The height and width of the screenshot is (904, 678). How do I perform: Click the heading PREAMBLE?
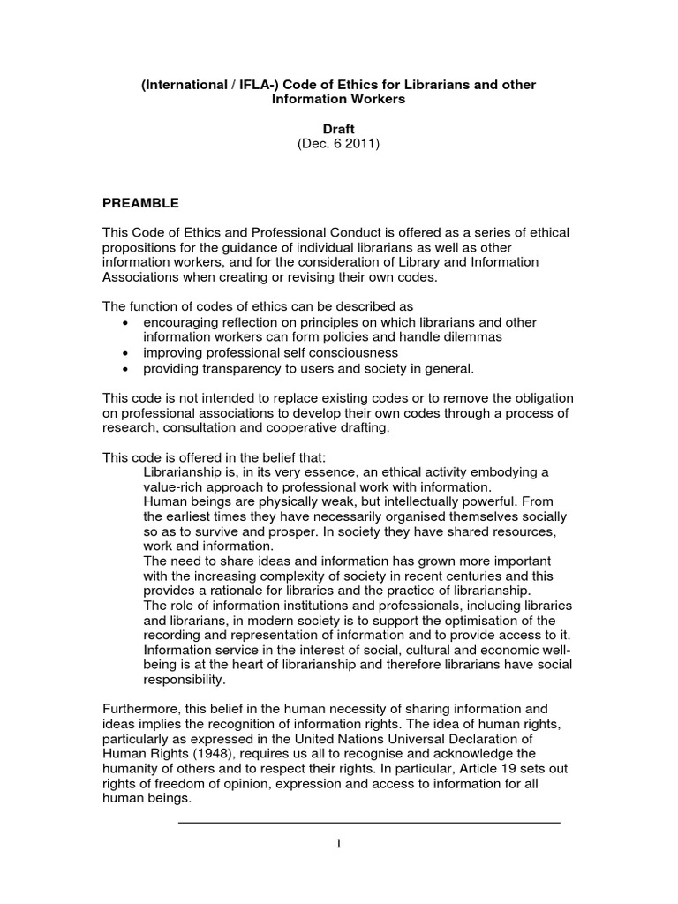tap(141, 203)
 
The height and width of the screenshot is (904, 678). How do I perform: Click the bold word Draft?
tap(338, 129)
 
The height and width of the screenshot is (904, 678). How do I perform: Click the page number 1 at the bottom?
tap(338, 844)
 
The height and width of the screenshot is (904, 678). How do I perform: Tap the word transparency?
tap(237, 368)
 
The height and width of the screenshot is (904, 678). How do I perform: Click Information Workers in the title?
tap(338, 99)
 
